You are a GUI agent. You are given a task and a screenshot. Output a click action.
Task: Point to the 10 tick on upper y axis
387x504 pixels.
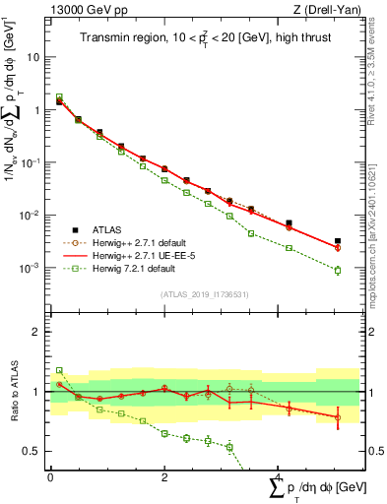click(37, 57)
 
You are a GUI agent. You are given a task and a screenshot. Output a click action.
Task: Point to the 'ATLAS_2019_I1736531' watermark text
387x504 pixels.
click(204, 293)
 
